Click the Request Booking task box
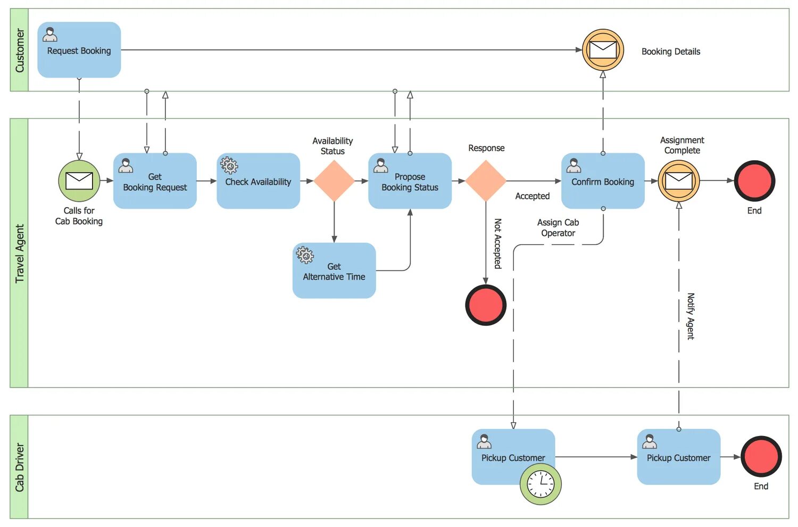pyautogui.click(x=79, y=50)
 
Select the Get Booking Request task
pyautogui.click(x=155, y=181)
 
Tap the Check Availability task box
pyautogui.click(x=258, y=181)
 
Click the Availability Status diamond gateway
pyautogui.click(x=334, y=181)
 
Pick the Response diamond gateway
pyautogui.click(x=486, y=181)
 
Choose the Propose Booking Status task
pyautogui.click(x=410, y=181)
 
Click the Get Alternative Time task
pyautogui.click(x=334, y=270)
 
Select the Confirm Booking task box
pyautogui.click(x=603, y=181)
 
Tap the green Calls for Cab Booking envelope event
pyautogui.click(x=79, y=181)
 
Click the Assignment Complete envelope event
pyautogui.click(x=679, y=181)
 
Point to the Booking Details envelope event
pyautogui.click(x=603, y=50)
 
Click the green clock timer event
pyautogui.click(x=541, y=484)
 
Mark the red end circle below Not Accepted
pyautogui.click(x=486, y=305)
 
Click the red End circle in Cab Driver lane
pyautogui.click(x=761, y=456)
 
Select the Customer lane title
pyautogui.click(x=20, y=51)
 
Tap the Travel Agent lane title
pyautogui.click(x=20, y=253)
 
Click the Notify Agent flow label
pyautogui.click(x=691, y=316)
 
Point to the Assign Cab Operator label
pyautogui.click(x=558, y=228)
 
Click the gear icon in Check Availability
pyautogui.click(x=229, y=166)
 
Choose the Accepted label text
pyautogui.click(x=532, y=196)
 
